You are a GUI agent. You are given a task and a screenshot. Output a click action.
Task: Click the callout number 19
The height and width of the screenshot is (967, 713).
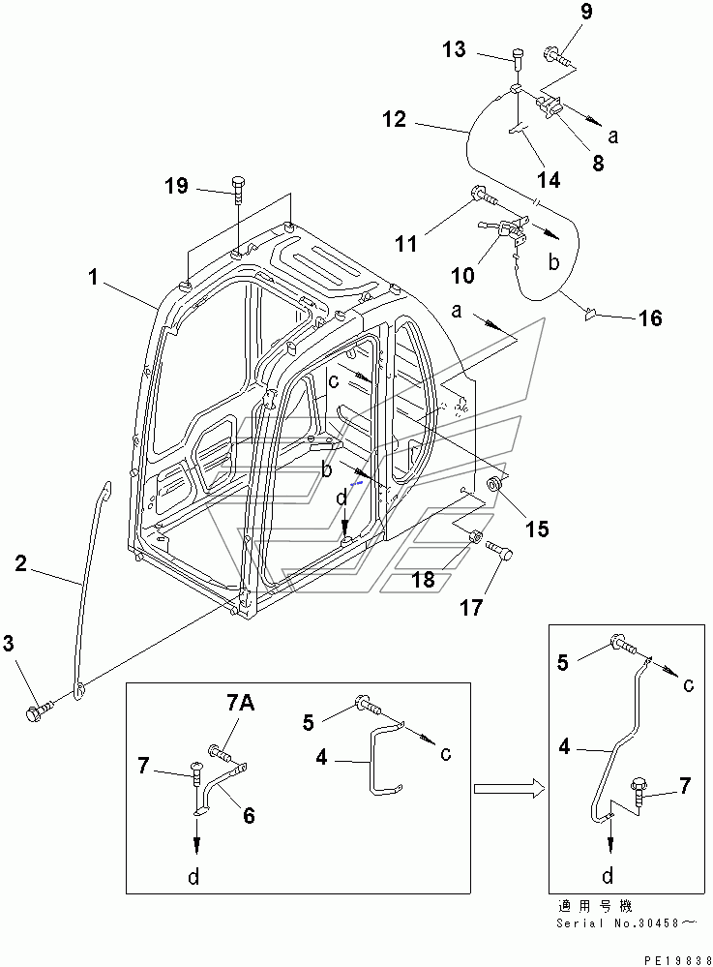pyautogui.click(x=176, y=186)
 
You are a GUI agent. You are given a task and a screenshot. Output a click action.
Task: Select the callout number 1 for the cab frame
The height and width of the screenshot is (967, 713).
pyautogui.click(x=93, y=277)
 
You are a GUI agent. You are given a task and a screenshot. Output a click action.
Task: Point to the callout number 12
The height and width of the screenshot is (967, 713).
pyautogui.click(x=395, y=118)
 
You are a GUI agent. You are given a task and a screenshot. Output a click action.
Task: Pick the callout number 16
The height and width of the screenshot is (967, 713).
pyautogui.click(x=650, y=318)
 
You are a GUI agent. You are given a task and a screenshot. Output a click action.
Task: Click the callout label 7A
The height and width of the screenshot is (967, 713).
pyautogui.click(x=241, y=703)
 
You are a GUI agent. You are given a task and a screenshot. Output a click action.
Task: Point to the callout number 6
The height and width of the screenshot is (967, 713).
pyautogui.click(x=249, y=815)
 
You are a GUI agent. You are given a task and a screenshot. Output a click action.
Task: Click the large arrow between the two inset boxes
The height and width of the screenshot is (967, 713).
pyautogui.click(x=509, y=788)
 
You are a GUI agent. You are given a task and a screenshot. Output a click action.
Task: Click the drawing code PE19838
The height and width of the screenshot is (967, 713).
pyautogui.click(x=676, y=961)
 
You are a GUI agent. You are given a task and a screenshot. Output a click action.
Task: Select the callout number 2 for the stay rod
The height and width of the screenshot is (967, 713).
pyautogui.click(x=21, y=562)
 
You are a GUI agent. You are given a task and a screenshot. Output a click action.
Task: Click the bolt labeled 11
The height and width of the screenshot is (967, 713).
pyautogui.click(x=485, y=196)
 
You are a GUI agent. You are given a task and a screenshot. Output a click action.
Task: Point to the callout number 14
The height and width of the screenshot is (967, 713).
pyautogui.click(x=549, y=179)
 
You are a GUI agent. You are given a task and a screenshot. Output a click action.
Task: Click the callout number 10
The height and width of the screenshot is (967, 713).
pyautogui.click(x=462, y=275)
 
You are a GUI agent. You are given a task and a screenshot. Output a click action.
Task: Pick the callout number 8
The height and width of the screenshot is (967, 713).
pyautogui.click(x=598, y=163)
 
